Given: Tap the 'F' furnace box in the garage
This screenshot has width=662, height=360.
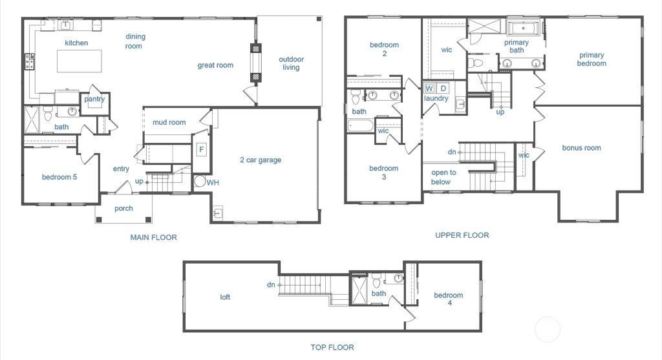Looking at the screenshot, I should (x=201, y=149).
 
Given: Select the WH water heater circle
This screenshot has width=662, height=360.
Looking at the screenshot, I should (x=200, y=182).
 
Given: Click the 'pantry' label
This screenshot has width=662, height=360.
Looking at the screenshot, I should (x=94, y=100).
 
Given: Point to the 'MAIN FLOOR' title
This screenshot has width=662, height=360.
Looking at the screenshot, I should (x=153, y=237).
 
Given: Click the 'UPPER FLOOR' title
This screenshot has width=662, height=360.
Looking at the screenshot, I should (x=462, y=235).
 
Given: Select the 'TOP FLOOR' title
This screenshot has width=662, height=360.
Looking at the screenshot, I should (x=332, y=347).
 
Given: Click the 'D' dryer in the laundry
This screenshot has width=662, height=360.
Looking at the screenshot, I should (x=443, y=88).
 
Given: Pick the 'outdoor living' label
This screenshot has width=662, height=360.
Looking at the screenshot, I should (x=291, y=63).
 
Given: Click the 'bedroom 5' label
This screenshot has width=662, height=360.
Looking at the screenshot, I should (x=59, y=178).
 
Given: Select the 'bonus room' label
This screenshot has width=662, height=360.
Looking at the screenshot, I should (x=581, y=148).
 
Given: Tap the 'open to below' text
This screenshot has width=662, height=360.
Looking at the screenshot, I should (x=443, y=177).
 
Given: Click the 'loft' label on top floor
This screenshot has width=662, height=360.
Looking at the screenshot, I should (x=225, y=297).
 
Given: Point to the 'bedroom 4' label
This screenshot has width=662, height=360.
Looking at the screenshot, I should (x=448, y=299).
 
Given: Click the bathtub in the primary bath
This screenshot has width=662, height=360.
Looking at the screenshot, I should (x=524, y=28).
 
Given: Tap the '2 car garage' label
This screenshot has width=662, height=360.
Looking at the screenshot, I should (x=261, y=160).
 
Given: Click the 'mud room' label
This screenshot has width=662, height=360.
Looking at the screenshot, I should (x=169, y=122).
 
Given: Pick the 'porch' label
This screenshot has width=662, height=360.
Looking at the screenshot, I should (x=123, y=208).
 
